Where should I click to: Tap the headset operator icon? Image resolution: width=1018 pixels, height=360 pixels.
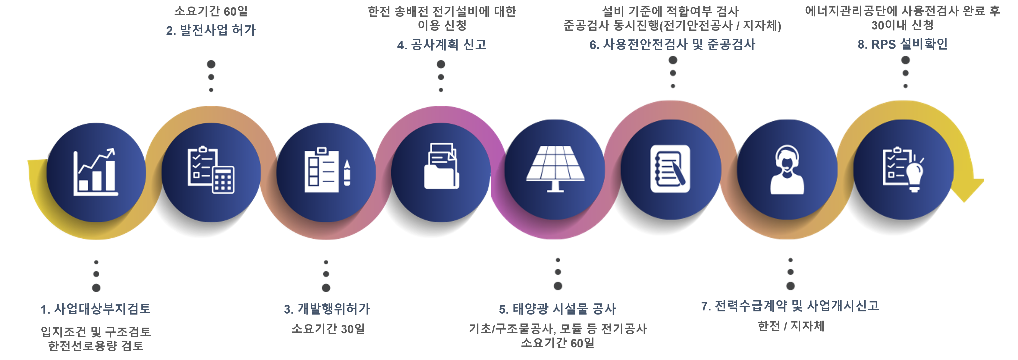tap(787, 170)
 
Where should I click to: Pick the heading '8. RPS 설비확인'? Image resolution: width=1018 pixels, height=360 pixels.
tap(903, 44)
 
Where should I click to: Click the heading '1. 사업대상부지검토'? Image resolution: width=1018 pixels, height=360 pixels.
tap(96, 309)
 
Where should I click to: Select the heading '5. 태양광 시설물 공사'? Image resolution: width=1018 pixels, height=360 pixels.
tap(557, 309)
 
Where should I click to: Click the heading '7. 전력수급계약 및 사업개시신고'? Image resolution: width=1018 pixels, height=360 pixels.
tap(790, 305)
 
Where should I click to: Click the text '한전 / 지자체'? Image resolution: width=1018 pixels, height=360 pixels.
tap(791, 326)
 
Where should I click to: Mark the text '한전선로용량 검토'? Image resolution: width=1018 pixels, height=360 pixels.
tap(96, 346)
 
